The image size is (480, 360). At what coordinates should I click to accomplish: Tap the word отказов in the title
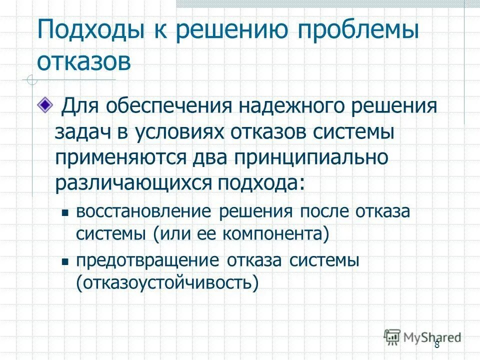pos(84,62)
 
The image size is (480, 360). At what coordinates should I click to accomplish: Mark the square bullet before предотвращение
pos(64,261)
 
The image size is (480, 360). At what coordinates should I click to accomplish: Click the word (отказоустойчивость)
pos(168,283)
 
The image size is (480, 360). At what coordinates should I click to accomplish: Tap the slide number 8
pos(436,344)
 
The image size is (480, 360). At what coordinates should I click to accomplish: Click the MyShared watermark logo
pos(422,336)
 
